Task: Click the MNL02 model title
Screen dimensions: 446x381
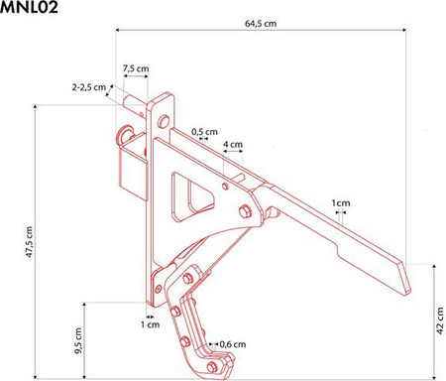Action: pyautogui.click(x=29, y=7)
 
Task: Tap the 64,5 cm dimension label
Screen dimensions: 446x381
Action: pyautogui.click(x=261, y=24)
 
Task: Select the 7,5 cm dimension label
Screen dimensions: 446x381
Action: pyautogui.click(x=136, y=68)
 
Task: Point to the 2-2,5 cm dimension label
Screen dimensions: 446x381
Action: pyautogui.click(x=89, y=87)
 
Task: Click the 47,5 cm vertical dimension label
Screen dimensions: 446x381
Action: pyautogui.click(x=30, y=242)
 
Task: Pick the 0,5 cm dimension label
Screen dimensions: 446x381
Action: pyautogui.click(x=204, y=132)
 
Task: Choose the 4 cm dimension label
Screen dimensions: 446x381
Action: pyautogui.click(x=233, y=145)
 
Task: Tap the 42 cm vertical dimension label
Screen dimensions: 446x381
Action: pyautogui.click(x=440, y=320)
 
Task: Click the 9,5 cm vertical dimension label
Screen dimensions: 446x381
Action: pyautogui.click(x=78, y=341)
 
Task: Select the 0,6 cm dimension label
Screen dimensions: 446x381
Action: pyautogui.click(x=233, y=344)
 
